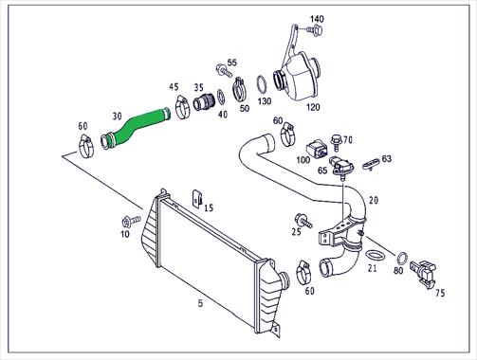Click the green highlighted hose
coord(135,128)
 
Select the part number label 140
coord(317,19)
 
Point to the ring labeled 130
coord(262,84)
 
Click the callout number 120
coord(313,107)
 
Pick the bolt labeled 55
coord(224,70)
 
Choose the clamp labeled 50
coord(240,89)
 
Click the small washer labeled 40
coord(221,97)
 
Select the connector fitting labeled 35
coord(204,101)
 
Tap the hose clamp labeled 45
coord(182,107)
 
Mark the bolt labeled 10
coord(131,221)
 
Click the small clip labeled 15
coord(197,198)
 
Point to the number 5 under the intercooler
coord(200,304)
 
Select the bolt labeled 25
coord(303,221)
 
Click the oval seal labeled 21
coord(375,255)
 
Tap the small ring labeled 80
coord(402,258)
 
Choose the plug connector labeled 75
coord(424,274)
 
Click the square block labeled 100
coord(317,149)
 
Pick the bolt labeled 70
coord(336,143)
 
